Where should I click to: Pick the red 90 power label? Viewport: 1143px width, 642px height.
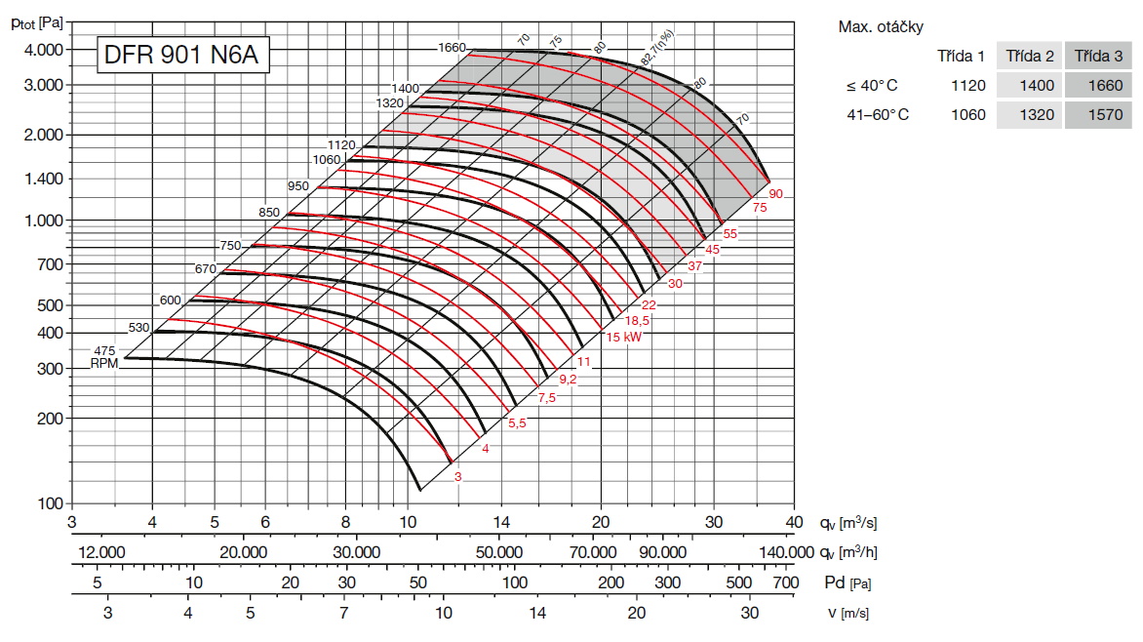[x=775, y=194]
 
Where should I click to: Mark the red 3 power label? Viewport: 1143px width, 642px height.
[x=458, y=475]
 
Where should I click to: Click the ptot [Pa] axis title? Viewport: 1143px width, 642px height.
[x=37, y=21]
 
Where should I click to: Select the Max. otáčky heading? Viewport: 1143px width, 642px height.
[x=881, y=26]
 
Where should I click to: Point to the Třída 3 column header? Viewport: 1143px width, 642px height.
[x=1098, y=57]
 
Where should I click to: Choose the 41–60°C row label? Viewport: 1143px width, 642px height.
[x=878, y=115]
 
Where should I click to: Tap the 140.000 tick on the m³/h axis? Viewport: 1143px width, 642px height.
[x=785, y=552]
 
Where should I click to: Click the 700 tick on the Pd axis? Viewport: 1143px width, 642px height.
[x=786, y=582]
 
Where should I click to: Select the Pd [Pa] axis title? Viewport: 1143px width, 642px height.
[x=846, y=582]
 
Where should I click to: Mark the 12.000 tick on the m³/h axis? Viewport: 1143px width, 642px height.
[x=100, y=552]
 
